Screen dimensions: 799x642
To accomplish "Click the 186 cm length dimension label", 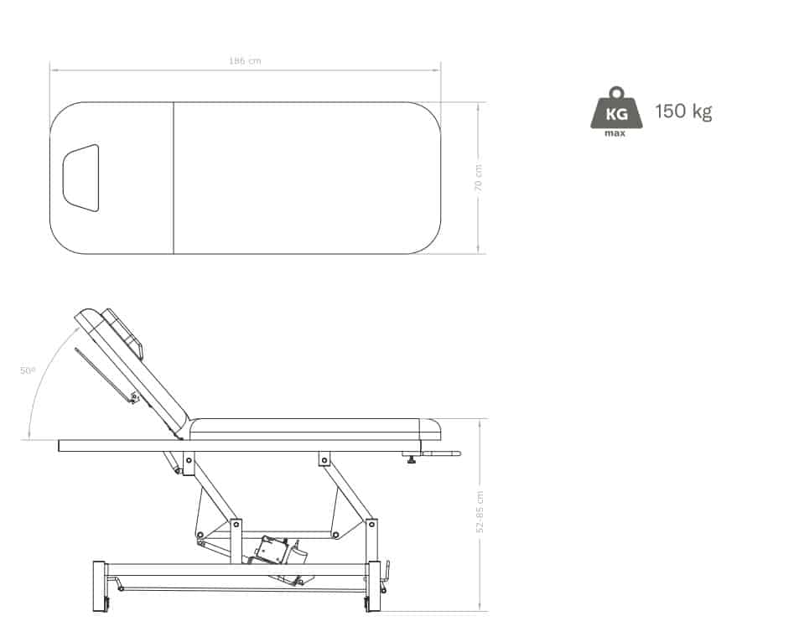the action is [245, 60].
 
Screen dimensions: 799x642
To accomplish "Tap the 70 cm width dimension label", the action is [478, 178].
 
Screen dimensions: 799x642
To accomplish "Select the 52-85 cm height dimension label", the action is [480, 512].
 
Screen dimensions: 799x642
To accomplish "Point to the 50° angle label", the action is [28, 370].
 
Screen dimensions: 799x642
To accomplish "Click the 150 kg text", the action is [683, 111].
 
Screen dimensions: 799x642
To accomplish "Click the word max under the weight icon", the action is [615, 133].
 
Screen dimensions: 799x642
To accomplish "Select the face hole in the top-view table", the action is [81, 178].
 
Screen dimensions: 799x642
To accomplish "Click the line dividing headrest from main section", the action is [174, 178].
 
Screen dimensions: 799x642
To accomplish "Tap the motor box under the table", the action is [271, 549].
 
